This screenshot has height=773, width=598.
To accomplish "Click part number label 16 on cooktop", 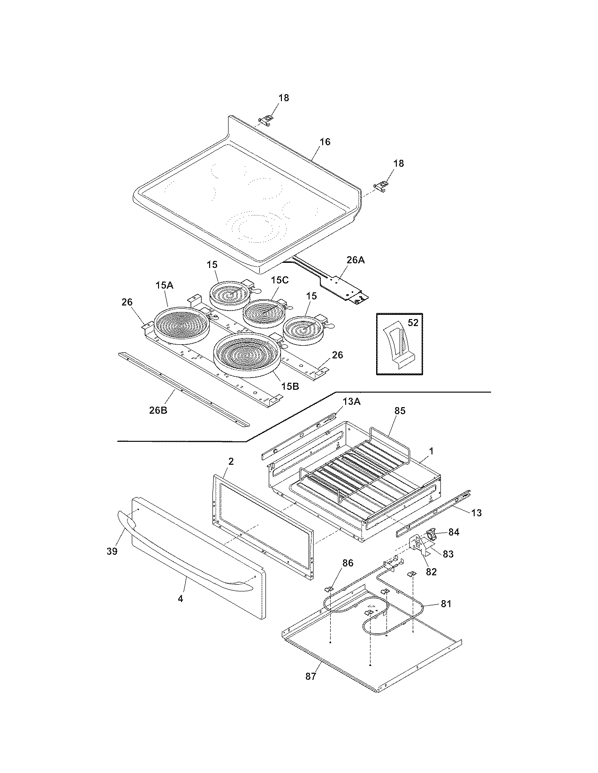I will coord(325,141).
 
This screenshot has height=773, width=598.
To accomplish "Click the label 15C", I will coord(280,280).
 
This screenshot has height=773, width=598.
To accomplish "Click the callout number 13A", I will coord(352,401).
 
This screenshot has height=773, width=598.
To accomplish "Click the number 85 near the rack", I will coord(400,411).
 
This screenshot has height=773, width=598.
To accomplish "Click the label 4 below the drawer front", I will coord(181,598).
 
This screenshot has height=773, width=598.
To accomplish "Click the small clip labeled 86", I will coord(330,588).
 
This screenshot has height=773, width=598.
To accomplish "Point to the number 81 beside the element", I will coord(446,603).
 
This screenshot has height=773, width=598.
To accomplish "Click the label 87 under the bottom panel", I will coord(310,676).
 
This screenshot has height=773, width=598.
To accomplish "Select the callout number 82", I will coord(431,572).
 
